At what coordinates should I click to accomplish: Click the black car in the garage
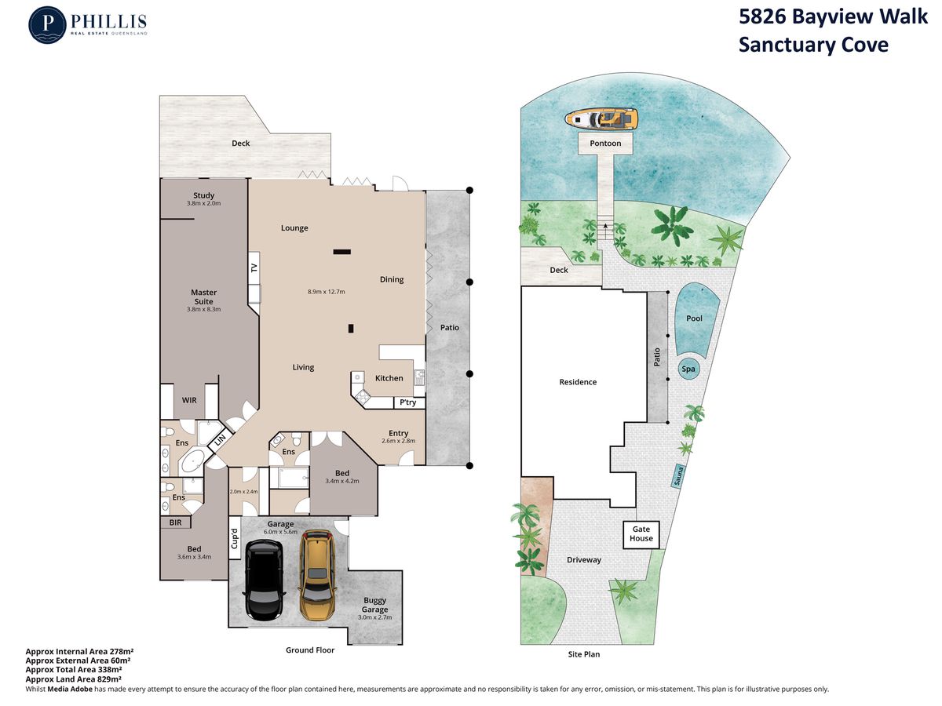[264, 580]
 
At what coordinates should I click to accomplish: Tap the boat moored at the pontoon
[601, 118]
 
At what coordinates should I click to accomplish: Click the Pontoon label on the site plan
[605, 144]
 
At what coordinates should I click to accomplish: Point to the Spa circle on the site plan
[688, 369]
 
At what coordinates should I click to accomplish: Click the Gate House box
[641, 534]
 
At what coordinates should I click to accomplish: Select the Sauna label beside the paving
[677, 475]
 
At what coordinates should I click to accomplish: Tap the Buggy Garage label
[374, 605]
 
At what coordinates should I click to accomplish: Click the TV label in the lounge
[254, 268]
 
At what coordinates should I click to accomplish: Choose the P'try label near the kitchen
[407, 402]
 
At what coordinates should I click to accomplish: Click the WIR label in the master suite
[189, 400]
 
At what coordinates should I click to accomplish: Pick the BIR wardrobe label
[175, 522]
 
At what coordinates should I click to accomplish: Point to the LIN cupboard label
[220, 440]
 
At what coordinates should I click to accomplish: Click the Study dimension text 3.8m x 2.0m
[203, 203]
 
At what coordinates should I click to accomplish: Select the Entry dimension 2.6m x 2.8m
[398, 441]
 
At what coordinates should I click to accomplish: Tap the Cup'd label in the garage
[234, 538]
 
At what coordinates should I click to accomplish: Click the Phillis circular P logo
[47, 25]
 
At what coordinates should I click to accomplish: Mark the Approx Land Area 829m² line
[73, 679]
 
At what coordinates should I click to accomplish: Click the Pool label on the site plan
[694, 318]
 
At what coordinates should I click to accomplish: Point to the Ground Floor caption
[310, 650]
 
